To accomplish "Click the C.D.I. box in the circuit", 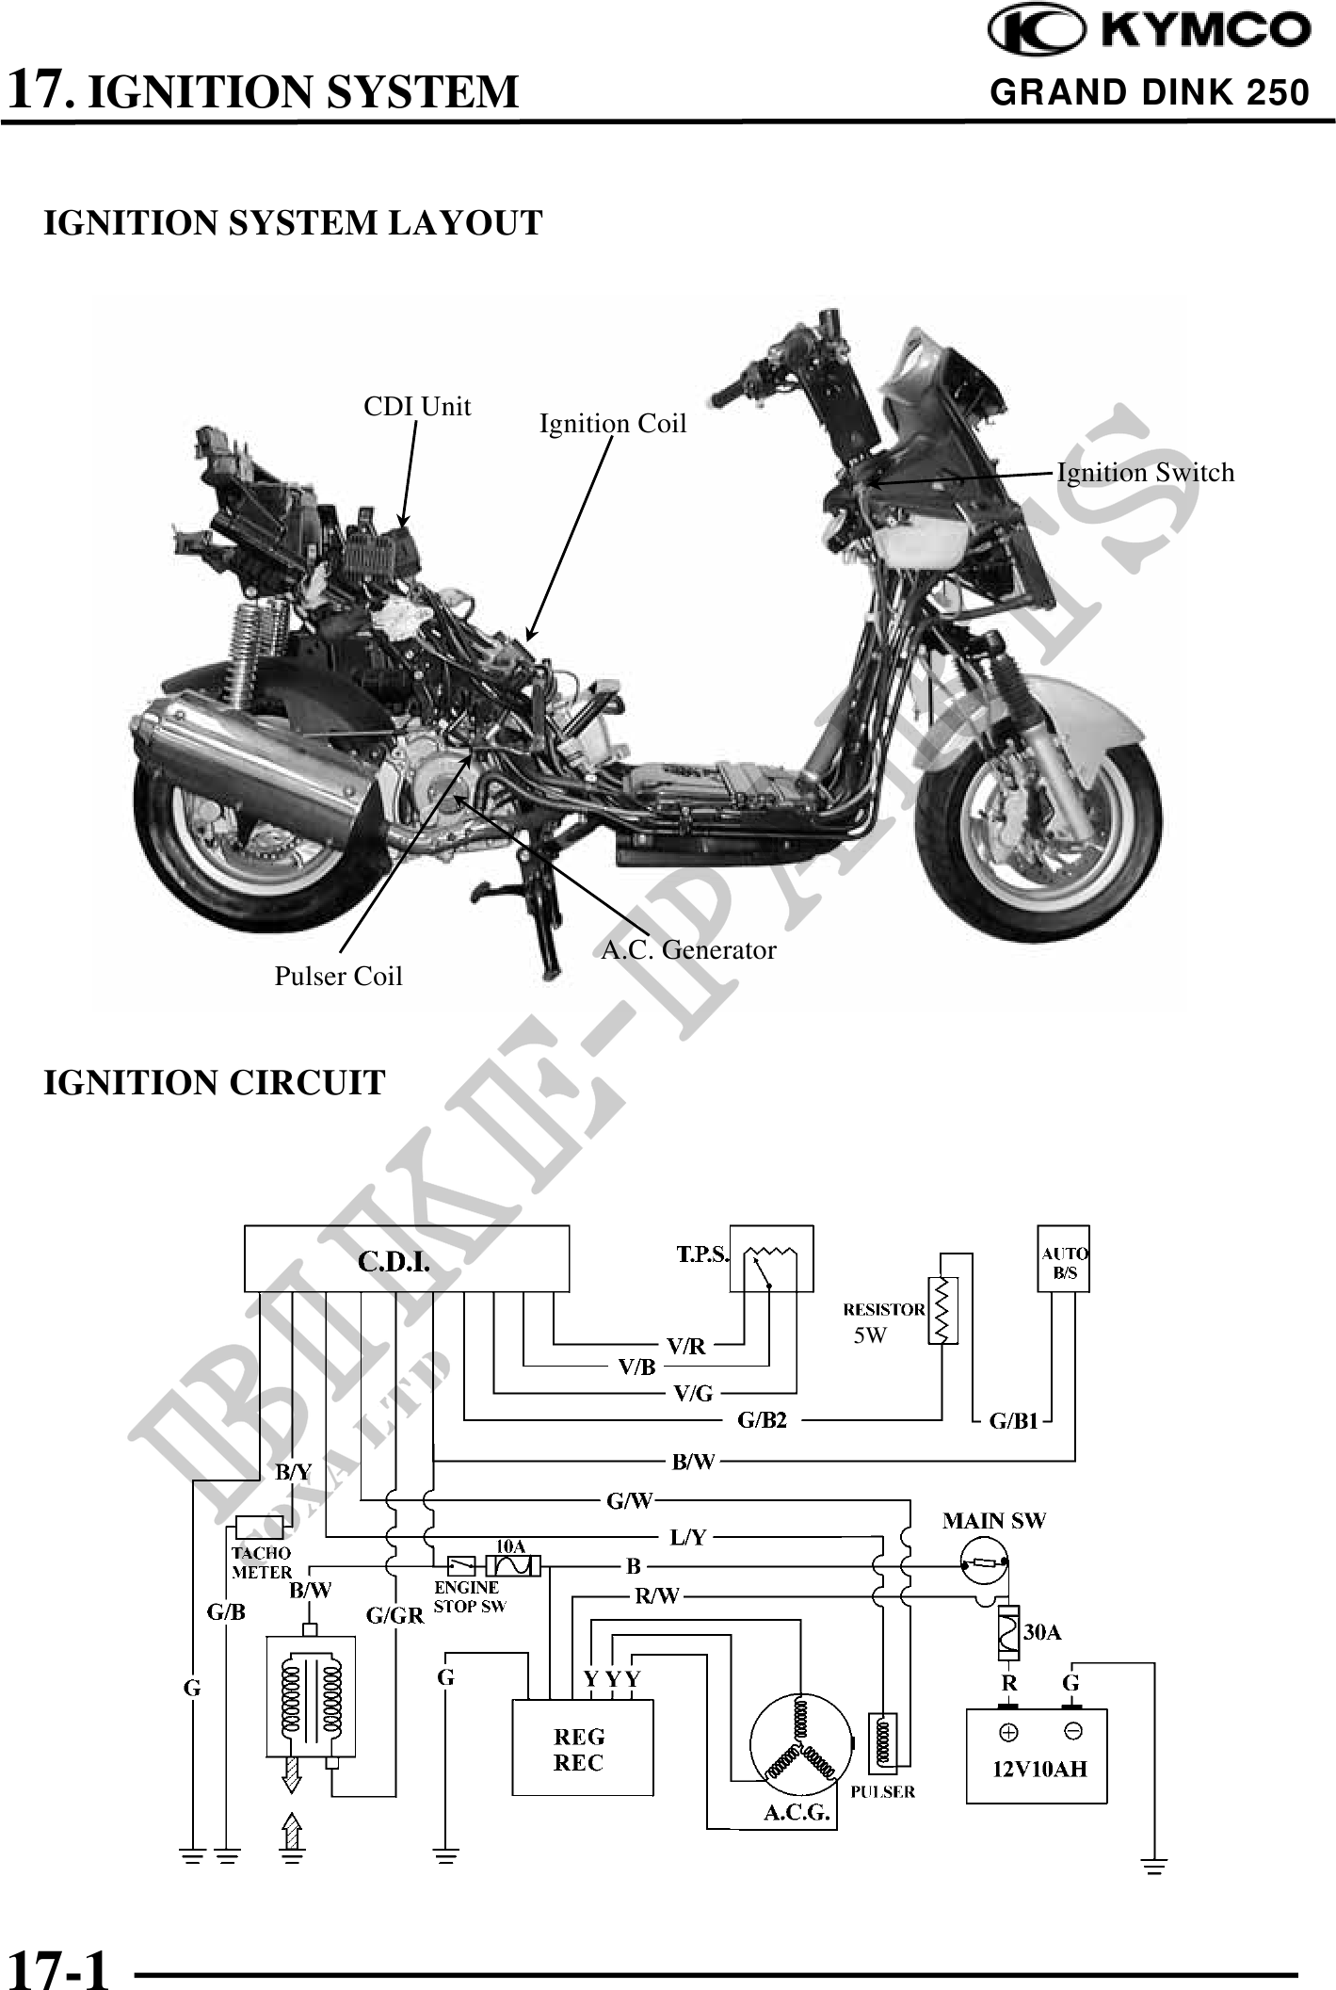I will click(406, 1258).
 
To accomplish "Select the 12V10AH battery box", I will click(1037, 1755).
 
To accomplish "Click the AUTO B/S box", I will click(1063, 1258).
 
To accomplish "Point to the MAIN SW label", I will click(994, 1520).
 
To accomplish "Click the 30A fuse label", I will click(1042, 1632).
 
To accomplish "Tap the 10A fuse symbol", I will click(513, 1564).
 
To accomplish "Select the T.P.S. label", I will click(703, 1254).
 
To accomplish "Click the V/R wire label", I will click(685, 1346).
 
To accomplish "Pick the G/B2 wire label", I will click(762, 1420).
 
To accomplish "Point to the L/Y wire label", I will click(688, 1537).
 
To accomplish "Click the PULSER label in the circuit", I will click(882, 1791).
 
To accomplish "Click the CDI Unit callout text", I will click(417, 407).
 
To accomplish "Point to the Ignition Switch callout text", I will click(1145, 472).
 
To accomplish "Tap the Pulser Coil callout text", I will click(338, 976).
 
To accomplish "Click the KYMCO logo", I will click(1149, 32).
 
